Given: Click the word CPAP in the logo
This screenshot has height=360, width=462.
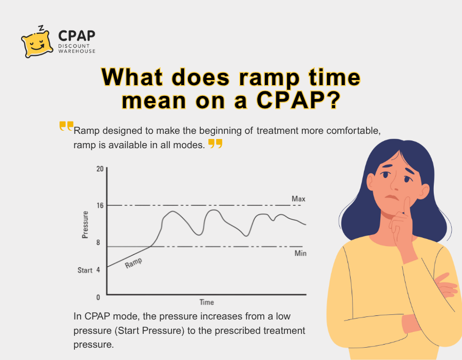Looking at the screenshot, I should coord(76,36).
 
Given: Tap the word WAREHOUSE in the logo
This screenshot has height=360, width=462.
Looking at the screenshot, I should coord(77,51).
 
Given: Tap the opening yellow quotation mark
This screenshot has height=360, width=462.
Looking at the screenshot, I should coord(66,126).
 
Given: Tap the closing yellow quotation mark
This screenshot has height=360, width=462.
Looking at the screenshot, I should coord(215,144).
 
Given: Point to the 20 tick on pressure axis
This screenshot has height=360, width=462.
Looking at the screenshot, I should coord(100,169).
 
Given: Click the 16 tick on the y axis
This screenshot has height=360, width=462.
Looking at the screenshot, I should coord(100,205).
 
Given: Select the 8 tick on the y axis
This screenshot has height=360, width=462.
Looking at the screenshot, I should coord(98,242).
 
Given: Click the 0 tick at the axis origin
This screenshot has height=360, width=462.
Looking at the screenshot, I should coord(98,297).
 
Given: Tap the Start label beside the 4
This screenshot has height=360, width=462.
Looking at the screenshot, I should coord(85,270).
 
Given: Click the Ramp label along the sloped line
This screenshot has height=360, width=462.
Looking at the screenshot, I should coord(133,263).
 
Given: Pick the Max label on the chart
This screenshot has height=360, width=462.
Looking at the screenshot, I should coord(299,198).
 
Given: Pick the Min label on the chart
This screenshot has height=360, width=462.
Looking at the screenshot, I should coord(300,253).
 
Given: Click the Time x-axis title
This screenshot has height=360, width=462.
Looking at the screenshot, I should coord(206,302).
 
